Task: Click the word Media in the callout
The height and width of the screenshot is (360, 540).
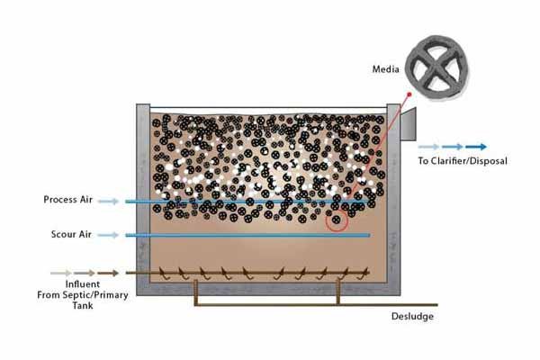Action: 388,69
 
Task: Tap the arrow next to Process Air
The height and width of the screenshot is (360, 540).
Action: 107,201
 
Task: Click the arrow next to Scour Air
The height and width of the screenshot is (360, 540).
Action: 107,236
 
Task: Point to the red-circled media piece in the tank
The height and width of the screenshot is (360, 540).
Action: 337,219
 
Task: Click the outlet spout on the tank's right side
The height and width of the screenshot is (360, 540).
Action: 408,126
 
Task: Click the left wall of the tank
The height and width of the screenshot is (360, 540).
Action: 142,198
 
